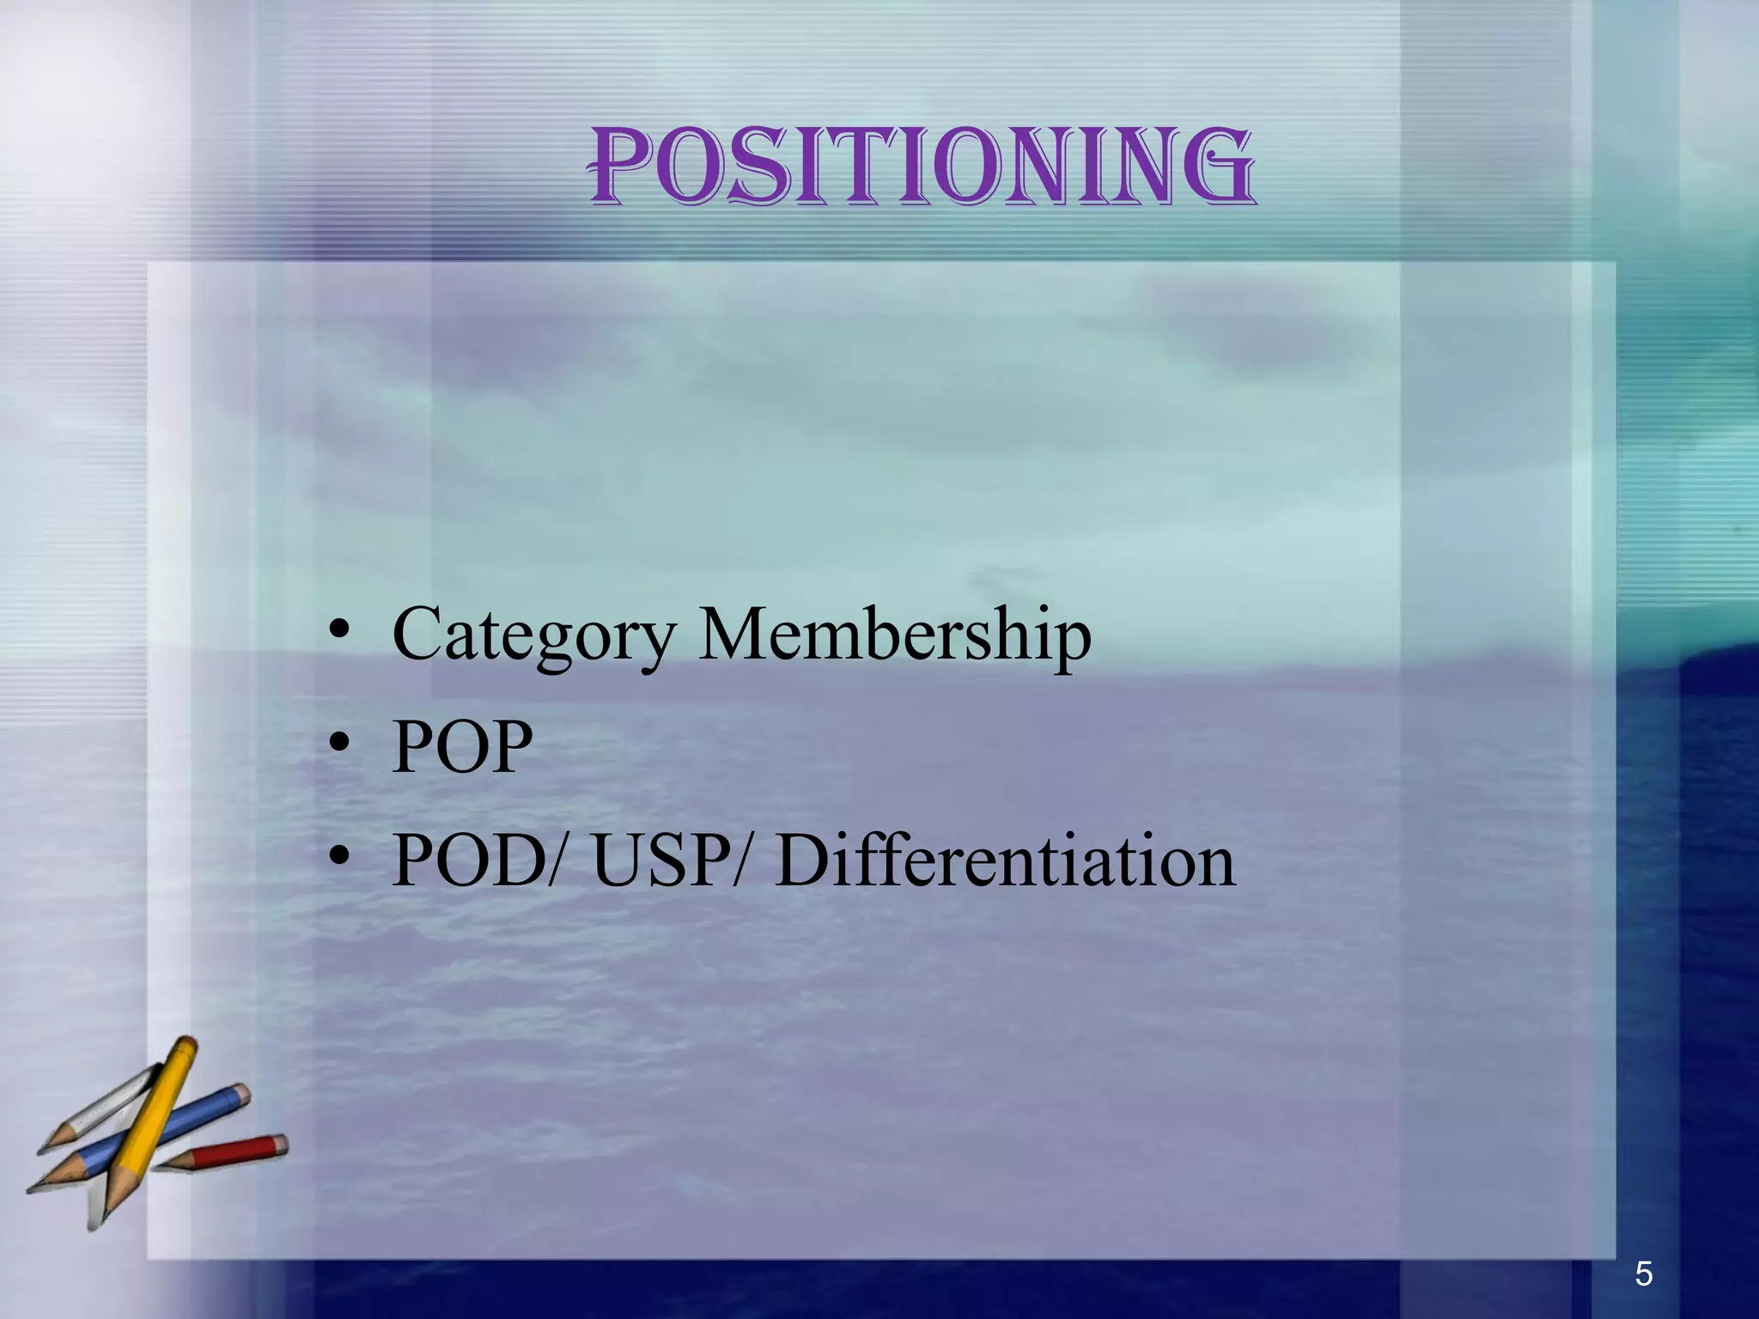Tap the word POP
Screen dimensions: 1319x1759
coord(462,746)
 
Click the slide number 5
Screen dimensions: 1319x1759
coord(1643,1273)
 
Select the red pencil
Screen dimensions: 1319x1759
coord(232,1152)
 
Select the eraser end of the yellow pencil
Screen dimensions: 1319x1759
coord(186,1046)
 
